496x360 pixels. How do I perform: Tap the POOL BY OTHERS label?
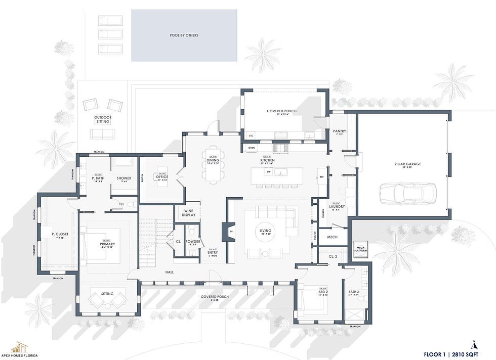click(184, 35)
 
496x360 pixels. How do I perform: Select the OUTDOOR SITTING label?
click(103, 120)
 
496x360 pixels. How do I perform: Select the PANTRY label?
click(339, 132)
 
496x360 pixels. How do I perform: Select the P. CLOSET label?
click(60, 235)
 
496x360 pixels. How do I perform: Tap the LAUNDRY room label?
click(337, 207)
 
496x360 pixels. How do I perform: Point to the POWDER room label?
click(193, 242)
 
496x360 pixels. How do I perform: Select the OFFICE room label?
click(162, 177)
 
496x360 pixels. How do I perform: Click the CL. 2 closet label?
click(333, 257)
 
